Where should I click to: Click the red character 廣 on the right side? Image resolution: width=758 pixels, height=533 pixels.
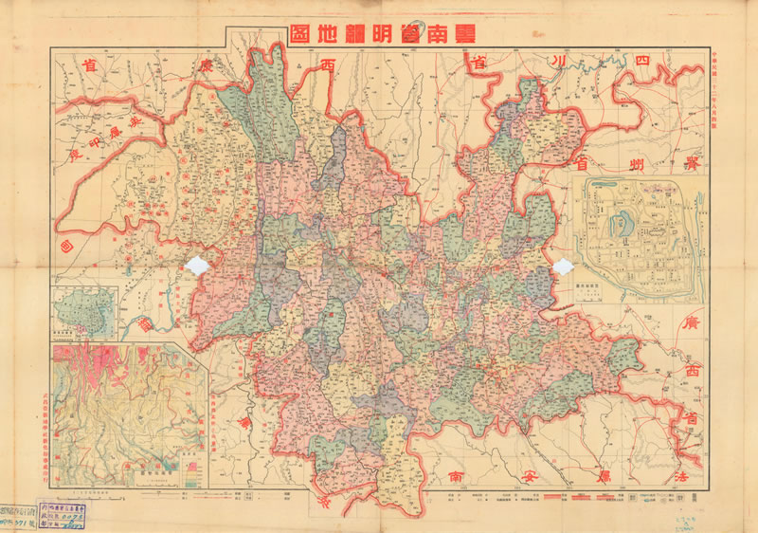coord(690,325)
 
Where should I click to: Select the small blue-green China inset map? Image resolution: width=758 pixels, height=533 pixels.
coord(84,312)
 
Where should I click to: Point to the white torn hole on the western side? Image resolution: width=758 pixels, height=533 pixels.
coord(200,266)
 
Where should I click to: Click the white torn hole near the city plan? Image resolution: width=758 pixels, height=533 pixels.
coord(564,269)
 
